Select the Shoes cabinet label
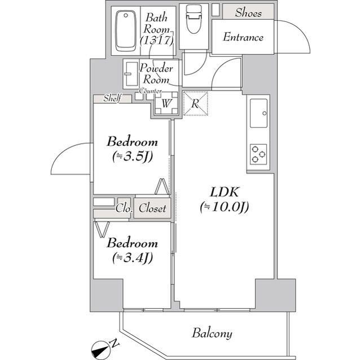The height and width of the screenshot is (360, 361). coord(248,12)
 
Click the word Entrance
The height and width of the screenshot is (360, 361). coord(243,38)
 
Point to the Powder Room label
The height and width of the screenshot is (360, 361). coord(157,74)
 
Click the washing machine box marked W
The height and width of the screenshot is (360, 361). coord(166,104)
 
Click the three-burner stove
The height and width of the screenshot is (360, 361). coord(259,154)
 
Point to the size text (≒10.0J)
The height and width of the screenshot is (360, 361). coord(224,207)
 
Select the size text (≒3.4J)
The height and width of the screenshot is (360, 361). coord(131,258)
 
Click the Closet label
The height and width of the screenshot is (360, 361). coord(152,208)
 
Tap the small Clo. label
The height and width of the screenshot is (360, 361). coord(124,208)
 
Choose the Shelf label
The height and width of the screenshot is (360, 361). coord(112,99)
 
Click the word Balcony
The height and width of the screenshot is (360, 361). coord(212,333)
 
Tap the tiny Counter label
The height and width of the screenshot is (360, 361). coord(151,91)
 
